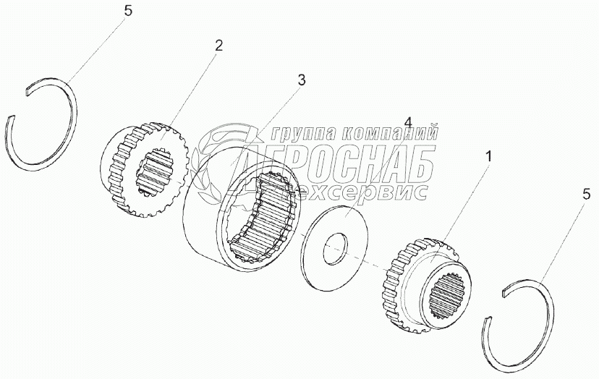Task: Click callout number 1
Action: click(489, 155)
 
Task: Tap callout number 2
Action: click(218, 45)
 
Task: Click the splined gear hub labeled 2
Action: click(144, 169)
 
